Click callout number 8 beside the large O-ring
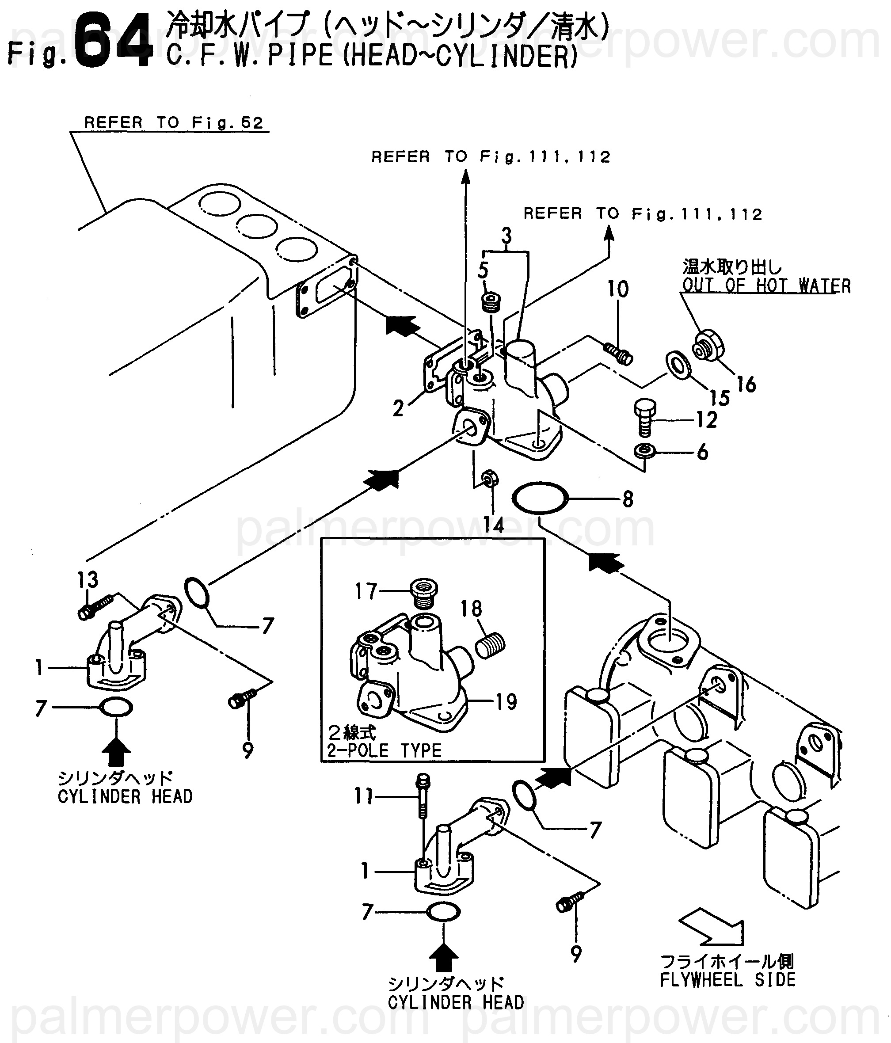point(627,499)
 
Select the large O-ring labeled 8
point(540,498)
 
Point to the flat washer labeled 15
point(678,366)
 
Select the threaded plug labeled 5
point(491,303)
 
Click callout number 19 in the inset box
point(506,702)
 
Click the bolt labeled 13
point(95,608)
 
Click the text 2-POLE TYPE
point(384,750)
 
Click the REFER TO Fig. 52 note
point(174,123)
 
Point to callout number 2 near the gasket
point(398,409)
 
